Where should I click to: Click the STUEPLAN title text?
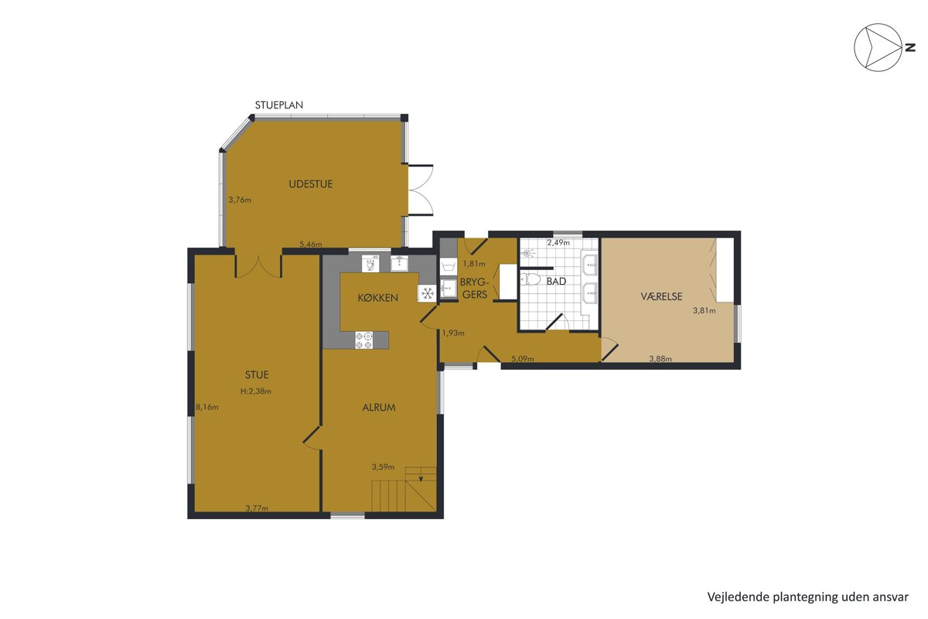[x=279, y=105]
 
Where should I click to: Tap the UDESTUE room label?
[x=311, y=184]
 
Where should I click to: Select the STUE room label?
[x=257, y=374]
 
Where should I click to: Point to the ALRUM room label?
[x=379, y=408]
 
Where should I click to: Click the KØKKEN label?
[x=378, y=298]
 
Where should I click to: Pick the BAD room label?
[x=556, y=282]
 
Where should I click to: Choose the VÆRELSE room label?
[x=661, y=296]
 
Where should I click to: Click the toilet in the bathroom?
[x=531, y=279]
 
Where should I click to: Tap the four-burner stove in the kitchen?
[x=363, y=340]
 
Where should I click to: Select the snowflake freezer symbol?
[x=428, y=293]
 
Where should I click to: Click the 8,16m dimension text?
[x=207, y=407]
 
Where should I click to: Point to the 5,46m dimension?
[x=311, y=245]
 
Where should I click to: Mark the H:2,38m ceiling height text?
[x=256, y=391]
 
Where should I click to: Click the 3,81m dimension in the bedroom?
[x=705, y=310]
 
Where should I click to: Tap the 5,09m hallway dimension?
[x=523, y=358]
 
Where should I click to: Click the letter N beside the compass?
[x=909, y=48]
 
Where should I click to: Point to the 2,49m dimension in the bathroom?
[x=558, y=242]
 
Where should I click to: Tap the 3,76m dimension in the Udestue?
[x=240, y=200]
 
